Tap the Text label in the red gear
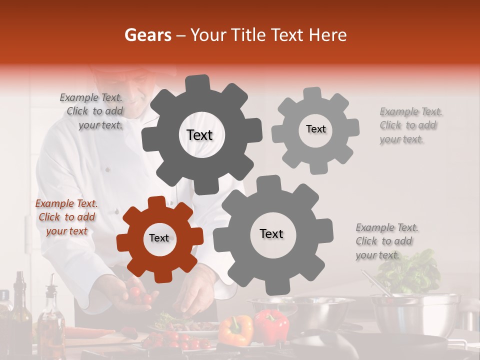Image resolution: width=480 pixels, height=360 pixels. (x=159, y=238)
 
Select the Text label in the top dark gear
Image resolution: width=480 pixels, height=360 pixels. (x=199, y=135)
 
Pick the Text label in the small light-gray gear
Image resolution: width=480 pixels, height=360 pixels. (x=315, y=129)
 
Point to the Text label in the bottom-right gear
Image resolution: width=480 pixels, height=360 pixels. (x=271, y=233)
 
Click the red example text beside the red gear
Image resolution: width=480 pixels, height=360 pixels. (x=66, y=217)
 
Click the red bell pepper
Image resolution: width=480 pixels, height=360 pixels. (x=271, y=325)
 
